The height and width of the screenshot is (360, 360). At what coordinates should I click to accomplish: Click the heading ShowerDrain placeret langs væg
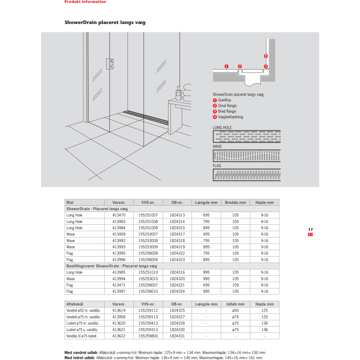point(105,23)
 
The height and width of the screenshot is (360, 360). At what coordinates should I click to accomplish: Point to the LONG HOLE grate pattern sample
point(246,137)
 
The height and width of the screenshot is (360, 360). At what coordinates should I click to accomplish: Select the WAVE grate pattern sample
point(246,156)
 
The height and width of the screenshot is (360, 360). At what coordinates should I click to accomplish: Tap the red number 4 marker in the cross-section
point(265,56)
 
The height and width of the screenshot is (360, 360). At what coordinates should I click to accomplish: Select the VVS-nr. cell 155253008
point(148,240)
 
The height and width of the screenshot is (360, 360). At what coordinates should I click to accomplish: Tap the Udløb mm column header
point(235,304)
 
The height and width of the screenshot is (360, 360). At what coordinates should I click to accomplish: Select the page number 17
point(310,229)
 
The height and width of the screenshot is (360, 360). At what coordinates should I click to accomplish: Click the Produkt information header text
point(85,2)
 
